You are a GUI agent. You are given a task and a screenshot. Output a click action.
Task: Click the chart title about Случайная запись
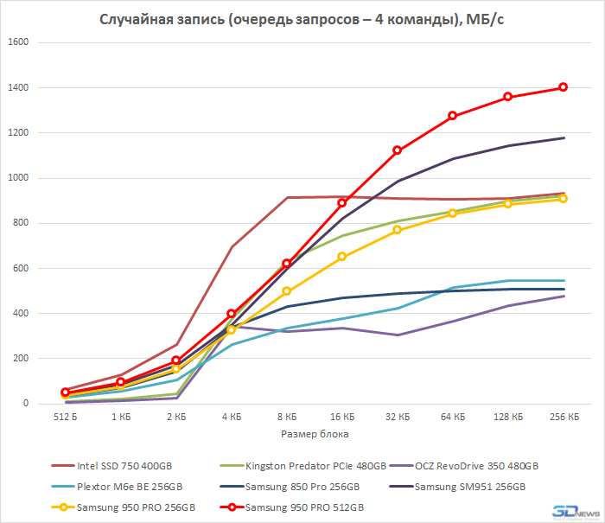tap(302, 18)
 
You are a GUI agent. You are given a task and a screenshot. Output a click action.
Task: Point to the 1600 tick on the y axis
tap(18, 42)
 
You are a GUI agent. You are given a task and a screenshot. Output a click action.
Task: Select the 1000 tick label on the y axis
tap(18, 178)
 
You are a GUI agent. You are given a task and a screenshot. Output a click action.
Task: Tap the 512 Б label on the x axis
tap(65, 417)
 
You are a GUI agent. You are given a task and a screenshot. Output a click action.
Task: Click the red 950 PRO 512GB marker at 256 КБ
tap(563, 87)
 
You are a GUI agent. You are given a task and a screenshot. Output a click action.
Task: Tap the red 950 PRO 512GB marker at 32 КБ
tap(397, 150)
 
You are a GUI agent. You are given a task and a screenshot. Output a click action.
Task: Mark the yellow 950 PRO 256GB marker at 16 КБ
tap(341, 257)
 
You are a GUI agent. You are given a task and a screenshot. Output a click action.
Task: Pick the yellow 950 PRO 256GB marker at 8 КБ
tap(286, 291)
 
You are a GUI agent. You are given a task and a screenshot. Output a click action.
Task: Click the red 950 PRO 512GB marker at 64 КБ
tap(452, 116)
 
